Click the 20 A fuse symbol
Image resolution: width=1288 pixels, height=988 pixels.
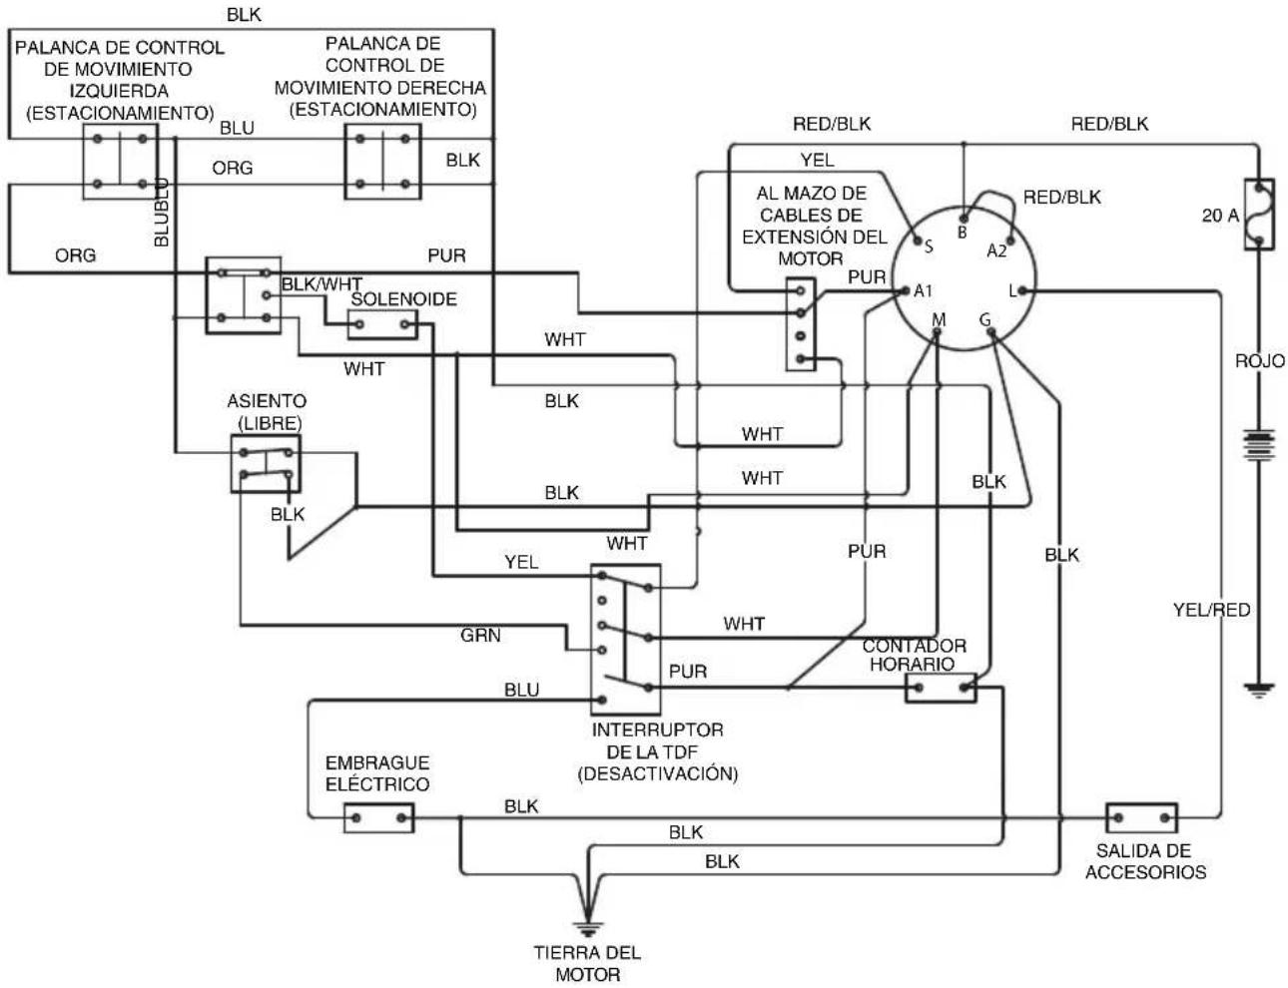[1258, 214]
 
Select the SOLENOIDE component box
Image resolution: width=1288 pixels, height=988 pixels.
[382, 324]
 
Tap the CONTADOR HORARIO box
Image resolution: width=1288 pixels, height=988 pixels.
[941, 688]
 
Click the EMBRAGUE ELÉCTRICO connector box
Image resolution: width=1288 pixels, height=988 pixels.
[378, 818]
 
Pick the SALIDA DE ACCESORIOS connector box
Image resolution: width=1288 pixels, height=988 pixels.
[1141, 818]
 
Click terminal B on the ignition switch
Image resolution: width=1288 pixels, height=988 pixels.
[964, 219]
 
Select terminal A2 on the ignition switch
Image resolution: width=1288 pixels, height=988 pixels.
[1010, 242]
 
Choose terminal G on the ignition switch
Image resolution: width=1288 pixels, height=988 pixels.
[991, 333]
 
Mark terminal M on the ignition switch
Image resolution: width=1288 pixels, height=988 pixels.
[937, 333]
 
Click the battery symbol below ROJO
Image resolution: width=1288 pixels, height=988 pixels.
[1258, 445]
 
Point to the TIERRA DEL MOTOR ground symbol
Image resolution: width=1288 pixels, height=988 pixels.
[587, 929]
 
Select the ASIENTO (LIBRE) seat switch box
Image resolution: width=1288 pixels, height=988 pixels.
[266, 464]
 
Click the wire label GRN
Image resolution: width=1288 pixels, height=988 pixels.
[480, 636]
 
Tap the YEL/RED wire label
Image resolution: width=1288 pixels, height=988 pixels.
[1211, 610]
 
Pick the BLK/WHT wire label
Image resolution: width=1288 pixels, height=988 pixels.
[322, 284]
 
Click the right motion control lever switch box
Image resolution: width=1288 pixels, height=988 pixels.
[382, 161]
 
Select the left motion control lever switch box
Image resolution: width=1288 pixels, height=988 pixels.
[121, 161]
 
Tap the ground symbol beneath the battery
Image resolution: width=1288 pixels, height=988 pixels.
[1258, 690]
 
